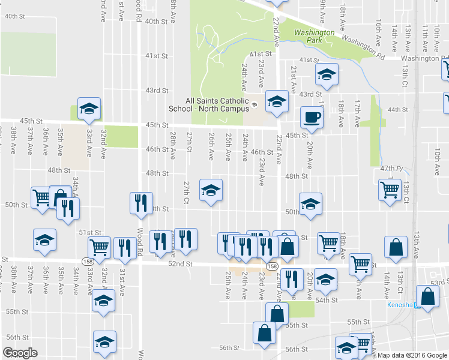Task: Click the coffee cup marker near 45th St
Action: (311, 116)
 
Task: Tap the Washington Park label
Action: (315, 36)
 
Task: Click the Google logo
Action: (20, 353)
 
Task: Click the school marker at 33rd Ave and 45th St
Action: (89, 109)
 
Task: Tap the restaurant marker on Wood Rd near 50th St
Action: (142, 203)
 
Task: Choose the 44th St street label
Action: (397, 110)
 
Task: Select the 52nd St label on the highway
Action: (180, 263)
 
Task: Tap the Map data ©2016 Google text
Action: (412, 355)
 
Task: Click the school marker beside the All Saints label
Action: (277, 101)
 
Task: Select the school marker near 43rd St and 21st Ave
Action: (327, 75)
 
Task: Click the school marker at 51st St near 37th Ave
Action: (45, 240)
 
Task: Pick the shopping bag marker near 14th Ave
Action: (396, 248)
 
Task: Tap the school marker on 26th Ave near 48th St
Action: (211, 190)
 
